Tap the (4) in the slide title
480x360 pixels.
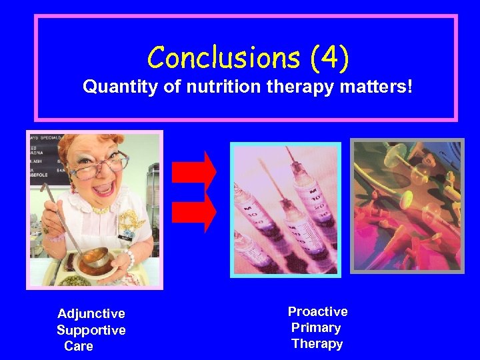tap(329, 58)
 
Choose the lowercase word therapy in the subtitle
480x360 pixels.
tap(293, 87)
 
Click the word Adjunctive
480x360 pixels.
tap(91, 313)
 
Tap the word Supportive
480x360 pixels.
tap(91, 330)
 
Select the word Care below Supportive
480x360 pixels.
tap(79, 346)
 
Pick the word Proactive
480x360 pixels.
tap(317, 311)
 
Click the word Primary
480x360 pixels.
tap(316, 327)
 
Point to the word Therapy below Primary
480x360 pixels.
tap(317, 344)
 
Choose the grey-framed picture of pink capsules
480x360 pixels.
tap(407, 205)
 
